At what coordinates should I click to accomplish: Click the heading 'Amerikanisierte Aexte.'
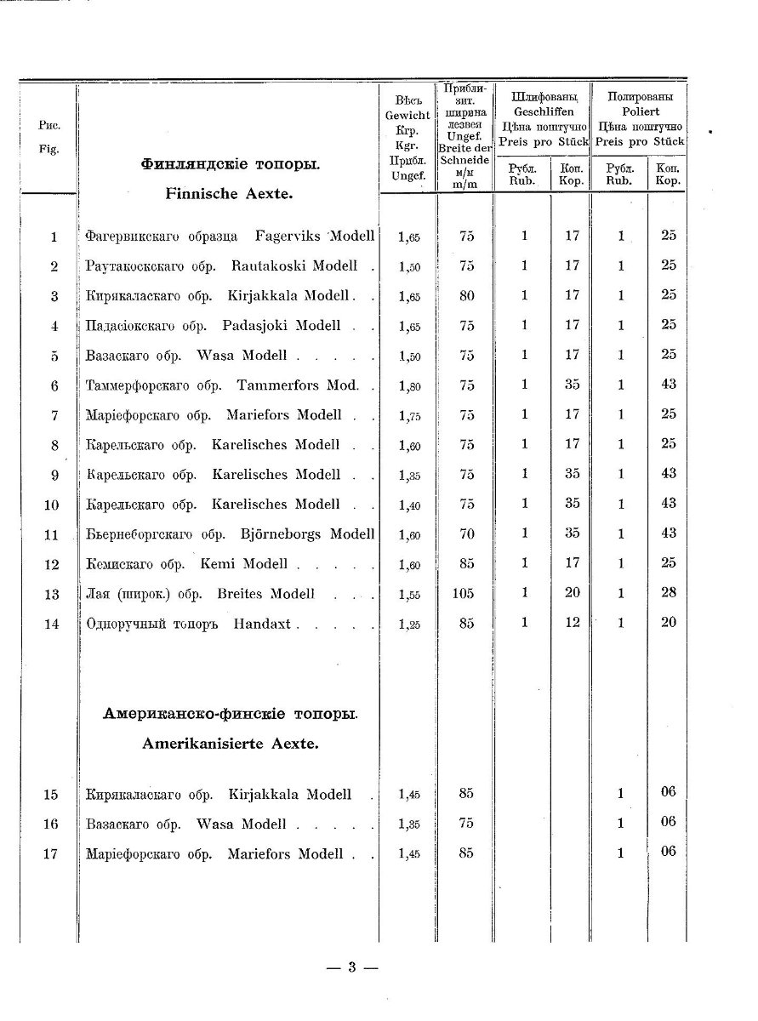coord(230,743)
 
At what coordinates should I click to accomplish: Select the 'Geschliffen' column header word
coord(544,111)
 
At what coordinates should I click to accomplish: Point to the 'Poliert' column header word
coord(640,111)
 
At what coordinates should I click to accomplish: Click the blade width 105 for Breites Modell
coord(464,593)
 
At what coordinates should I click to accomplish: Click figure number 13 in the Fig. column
coord(51,594)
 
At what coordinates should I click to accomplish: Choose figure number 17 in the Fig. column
coord(50,853)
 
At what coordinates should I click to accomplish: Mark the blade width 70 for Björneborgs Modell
coord(465,533)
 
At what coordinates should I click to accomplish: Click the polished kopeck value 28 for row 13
coord(668,592)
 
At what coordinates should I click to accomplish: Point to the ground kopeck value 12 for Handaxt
coord(572,622)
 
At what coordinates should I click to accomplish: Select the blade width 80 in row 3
coord(465,295)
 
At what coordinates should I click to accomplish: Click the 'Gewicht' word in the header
coord(407,114)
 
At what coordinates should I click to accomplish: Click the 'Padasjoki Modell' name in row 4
coord(282,325)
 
